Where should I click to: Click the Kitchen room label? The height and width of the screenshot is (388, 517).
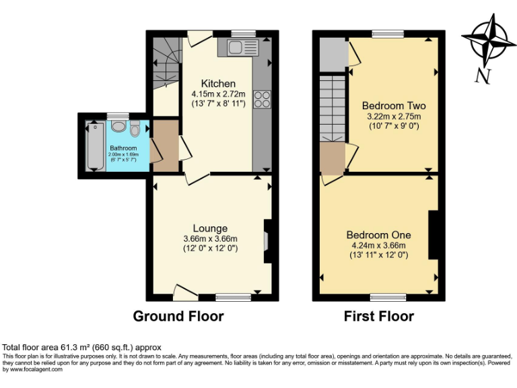218,84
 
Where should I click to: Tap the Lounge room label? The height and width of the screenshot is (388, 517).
210,228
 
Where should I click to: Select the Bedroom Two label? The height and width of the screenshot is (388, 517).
394,106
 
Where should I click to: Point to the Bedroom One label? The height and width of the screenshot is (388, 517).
378,235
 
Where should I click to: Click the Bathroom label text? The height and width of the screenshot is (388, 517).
123,148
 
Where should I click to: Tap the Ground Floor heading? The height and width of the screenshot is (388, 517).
178,316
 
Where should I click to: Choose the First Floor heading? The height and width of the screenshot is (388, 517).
379,316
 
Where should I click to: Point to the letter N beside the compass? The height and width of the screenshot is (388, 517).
482,76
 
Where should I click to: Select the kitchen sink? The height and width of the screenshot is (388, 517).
242,47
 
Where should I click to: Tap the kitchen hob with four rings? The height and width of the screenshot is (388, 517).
261,99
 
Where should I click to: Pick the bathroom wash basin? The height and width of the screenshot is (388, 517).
118,126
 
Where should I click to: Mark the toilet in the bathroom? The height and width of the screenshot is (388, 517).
135,129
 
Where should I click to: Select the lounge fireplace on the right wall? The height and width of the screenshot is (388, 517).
267,240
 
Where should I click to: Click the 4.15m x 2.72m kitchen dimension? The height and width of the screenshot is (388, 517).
218,94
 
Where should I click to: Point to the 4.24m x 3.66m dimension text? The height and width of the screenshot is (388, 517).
379,246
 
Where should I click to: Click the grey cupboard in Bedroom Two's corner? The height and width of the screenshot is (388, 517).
331,55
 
